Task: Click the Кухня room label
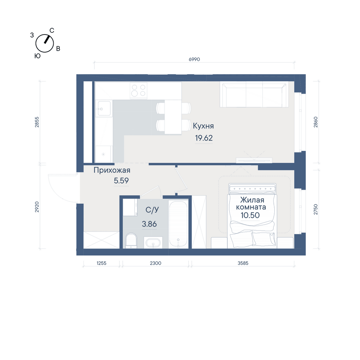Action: coord(203,126)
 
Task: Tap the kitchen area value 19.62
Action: coord(204,138)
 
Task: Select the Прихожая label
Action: coord(112,170)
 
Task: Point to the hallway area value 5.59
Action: coord(121,181)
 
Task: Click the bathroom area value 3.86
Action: coord(149,224)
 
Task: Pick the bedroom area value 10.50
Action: coord(250,215)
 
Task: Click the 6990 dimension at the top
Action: coord(194,59)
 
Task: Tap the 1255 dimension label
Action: coord(101,263)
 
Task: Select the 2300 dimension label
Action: coord(156,263)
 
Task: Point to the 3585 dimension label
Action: coord(243,263)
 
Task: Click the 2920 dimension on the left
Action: coord(37,207)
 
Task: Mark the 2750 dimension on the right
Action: coord(316,210)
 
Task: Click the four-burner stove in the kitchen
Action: coord(139,90)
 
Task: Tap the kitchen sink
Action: coord(104,108)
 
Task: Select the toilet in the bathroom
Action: coord(131,240)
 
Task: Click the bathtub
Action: coord(179,224)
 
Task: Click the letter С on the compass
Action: coord(52,31)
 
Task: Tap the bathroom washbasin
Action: coord(153,242)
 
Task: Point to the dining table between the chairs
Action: coord(173,117)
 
